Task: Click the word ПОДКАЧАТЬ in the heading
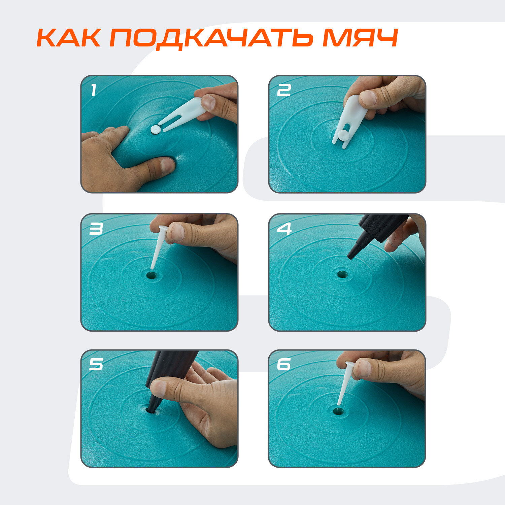[x=212, y=38]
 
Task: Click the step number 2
[x=283, y=90]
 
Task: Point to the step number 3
[x=96, y=229]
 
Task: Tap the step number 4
[x=284, y=229]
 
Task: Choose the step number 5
[x=96, y=365]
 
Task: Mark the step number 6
[x=284, y=365]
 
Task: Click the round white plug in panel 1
[x=156, y=130]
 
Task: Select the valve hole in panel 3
[x=152, y=275]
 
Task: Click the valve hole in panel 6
[x=338, y=411]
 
